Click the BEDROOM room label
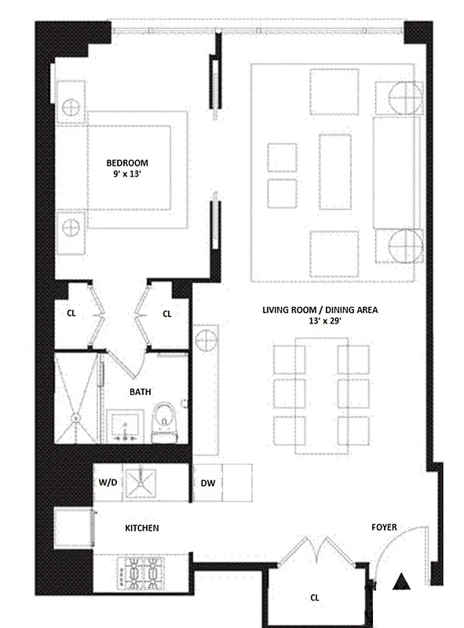pyautogui.click(x=126, y=163)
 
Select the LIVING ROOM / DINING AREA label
pyautogui.click(x=320, y=310)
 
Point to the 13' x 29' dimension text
pyautogui.click(x=320, y=323)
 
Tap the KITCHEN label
pyautogui.click(x=141, y=528)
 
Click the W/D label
pyautogui.click(x=108, y=483)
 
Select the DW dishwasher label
pyautogui.click(x=208, y=484)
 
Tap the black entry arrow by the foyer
pyautogui.click(x=401, y=582)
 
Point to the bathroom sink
pyautogui.click(x=125, y=426)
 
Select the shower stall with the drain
pyautogui.click(x=76, y=399)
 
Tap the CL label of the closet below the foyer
pyautogui.click(x=314, y=597)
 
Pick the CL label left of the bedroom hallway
pyautogui.click(x=71, y=313)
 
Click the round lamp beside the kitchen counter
pyautogui.click(x=206, y=341)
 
